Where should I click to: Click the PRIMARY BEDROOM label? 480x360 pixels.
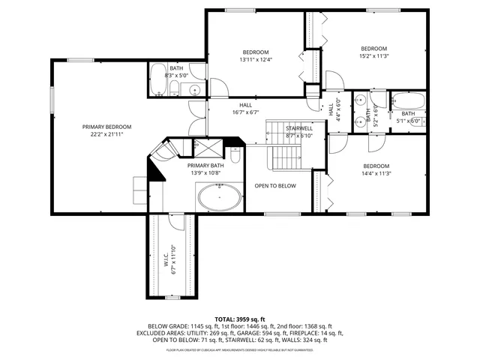click(x=106, y=127)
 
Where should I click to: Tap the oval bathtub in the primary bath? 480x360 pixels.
click(x=219, y=199)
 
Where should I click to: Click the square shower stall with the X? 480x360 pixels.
click(x=202, y=147)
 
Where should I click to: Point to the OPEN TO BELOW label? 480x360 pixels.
click(x=275, y=185)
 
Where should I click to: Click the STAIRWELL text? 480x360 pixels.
click(x=298, y=128)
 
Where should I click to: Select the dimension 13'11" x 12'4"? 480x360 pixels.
click(x=256, y=59)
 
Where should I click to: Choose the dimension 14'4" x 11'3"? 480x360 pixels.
click(x=376, y=173)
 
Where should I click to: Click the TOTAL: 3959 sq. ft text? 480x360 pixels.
click(x=240, y=319)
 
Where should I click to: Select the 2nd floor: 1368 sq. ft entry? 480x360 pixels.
click(x=304, y=326)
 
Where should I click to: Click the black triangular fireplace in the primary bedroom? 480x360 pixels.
click(x=156, y=171)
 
